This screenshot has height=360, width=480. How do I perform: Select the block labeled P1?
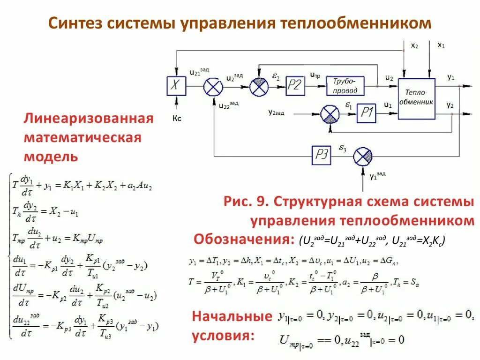367,113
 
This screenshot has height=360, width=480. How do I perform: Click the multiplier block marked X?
177,86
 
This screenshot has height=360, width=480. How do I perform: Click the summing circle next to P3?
362,156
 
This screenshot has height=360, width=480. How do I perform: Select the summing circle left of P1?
330,114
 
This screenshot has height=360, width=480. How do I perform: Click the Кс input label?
177,119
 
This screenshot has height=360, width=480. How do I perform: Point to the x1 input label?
441,45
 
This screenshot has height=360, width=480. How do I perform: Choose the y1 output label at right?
450,77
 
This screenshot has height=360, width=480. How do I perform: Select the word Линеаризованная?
89,118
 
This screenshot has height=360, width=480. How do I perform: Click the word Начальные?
232,316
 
